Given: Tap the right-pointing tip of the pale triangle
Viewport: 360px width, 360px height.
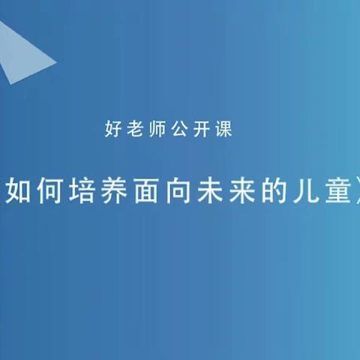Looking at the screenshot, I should (56, 61).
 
